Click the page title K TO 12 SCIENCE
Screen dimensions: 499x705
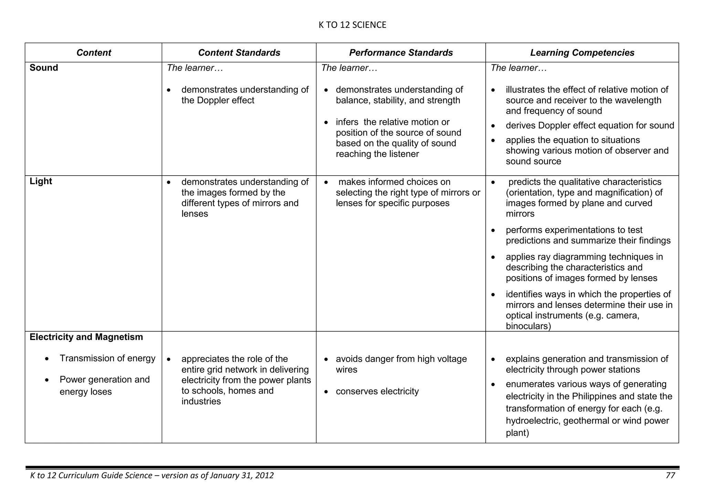click(352, 25)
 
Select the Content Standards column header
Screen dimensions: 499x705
click(239, 53)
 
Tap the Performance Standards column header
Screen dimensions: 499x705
click(401, 53)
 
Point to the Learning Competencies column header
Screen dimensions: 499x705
click(582, 53)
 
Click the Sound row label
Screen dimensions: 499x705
click(44, 68)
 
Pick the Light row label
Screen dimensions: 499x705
click(41, 181)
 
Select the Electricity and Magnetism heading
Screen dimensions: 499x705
click(86, 337)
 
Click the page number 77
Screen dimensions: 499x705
click(670, 476)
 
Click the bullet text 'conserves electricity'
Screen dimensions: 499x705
click(377, 392)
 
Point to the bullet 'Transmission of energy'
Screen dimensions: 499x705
click(107, 358)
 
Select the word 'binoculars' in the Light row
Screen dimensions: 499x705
click(528, 326)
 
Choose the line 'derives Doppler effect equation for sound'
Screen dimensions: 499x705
click(590, 126)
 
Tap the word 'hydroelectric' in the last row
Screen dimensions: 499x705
click(533, 421)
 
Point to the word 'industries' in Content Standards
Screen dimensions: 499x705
click(201, 402)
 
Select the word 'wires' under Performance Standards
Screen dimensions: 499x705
click(346, 370)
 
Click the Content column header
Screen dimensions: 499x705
click(94, 53)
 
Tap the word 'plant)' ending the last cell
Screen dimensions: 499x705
click(517, 433)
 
